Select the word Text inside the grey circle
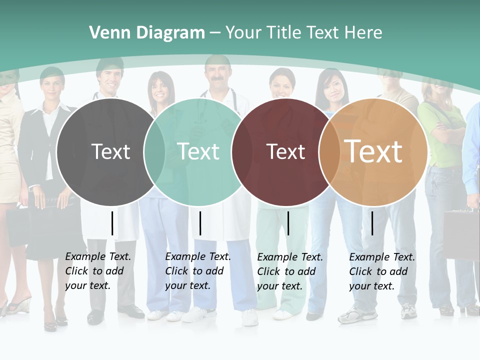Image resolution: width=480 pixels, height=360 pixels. point(110,152)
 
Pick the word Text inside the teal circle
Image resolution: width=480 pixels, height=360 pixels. point(198,152)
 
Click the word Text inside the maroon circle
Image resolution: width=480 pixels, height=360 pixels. point(285,152)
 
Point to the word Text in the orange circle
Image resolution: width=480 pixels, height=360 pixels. point(373,151)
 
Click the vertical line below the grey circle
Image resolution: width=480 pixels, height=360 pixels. point(112,223)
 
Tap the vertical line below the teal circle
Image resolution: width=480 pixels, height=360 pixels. point(200,223)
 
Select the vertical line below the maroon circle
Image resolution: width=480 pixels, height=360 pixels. point(288,223)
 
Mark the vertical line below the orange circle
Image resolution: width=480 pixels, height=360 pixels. point(372,223)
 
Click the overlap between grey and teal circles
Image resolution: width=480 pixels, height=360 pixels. point(154,152)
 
